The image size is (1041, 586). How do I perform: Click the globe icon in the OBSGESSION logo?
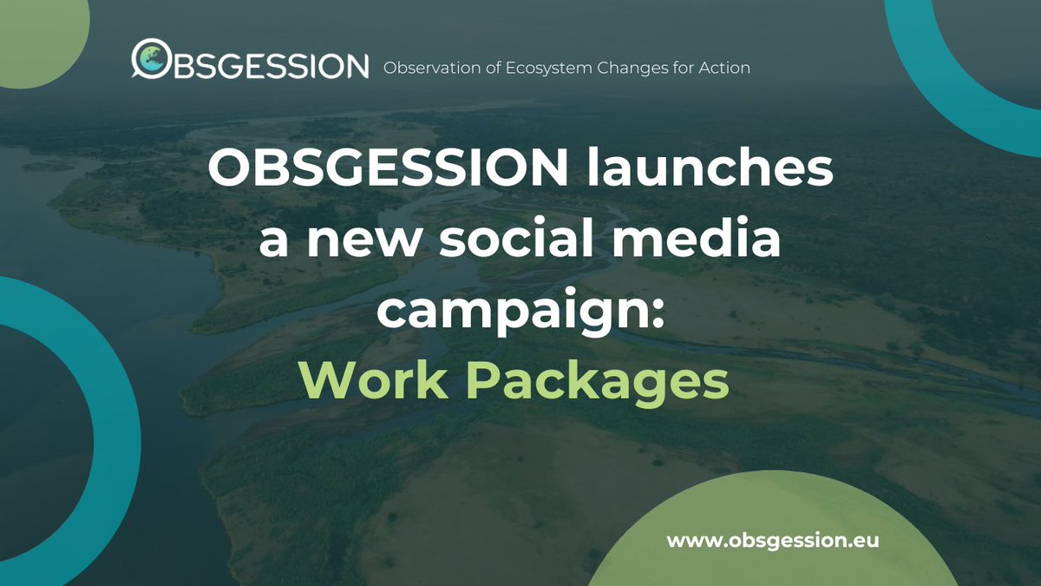[149, 58]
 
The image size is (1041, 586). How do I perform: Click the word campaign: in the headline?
[520, 311]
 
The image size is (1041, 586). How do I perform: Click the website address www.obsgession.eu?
[773, 540]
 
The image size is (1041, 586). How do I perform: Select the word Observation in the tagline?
[429, 67]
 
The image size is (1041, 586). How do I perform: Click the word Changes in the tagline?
[636, 68]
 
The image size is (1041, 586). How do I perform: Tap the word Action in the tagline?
[724, 67]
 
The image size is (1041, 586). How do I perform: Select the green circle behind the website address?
[781, 556]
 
